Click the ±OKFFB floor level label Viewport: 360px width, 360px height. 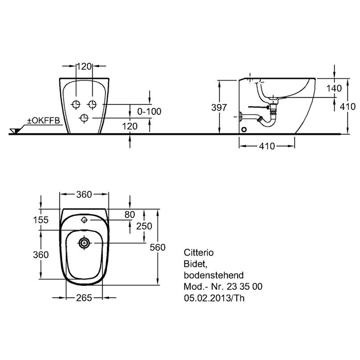coord(43,121)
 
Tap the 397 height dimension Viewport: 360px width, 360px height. coord(219,108)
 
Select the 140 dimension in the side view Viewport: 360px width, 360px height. coord(334,88)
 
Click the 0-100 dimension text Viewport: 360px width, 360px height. coord(149,112)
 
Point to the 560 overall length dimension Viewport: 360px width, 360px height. coord(157,247)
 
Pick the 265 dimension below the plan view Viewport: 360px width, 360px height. coord(84,298)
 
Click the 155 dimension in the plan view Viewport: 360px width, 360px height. coord(41,220)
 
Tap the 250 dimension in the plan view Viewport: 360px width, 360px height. coord(144,226)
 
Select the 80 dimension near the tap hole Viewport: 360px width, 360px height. coord(130,215)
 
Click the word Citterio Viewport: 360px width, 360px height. coord(199,252)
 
